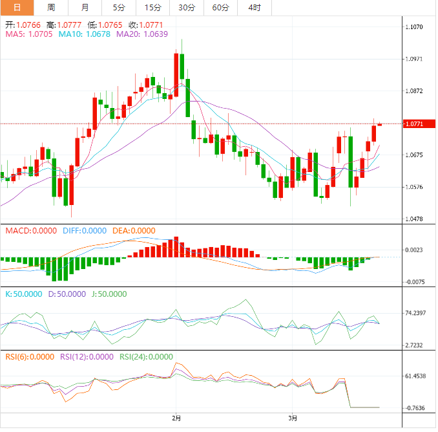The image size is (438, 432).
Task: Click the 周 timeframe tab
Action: click(51, 8)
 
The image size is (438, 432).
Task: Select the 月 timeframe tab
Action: click(85, 8)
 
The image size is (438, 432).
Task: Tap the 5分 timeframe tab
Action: click(119, 8)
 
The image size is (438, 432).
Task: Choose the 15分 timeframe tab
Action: click(152, 8)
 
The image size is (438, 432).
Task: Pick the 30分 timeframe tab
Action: click(186, 8)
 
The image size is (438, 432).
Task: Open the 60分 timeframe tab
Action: click(220, 8)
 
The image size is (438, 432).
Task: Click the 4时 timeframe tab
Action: click(254, 8)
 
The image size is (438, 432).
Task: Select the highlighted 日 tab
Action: click(17, 8)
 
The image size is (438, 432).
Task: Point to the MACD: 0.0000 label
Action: click(30, 230)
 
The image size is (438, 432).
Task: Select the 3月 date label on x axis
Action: click(293, 418)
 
